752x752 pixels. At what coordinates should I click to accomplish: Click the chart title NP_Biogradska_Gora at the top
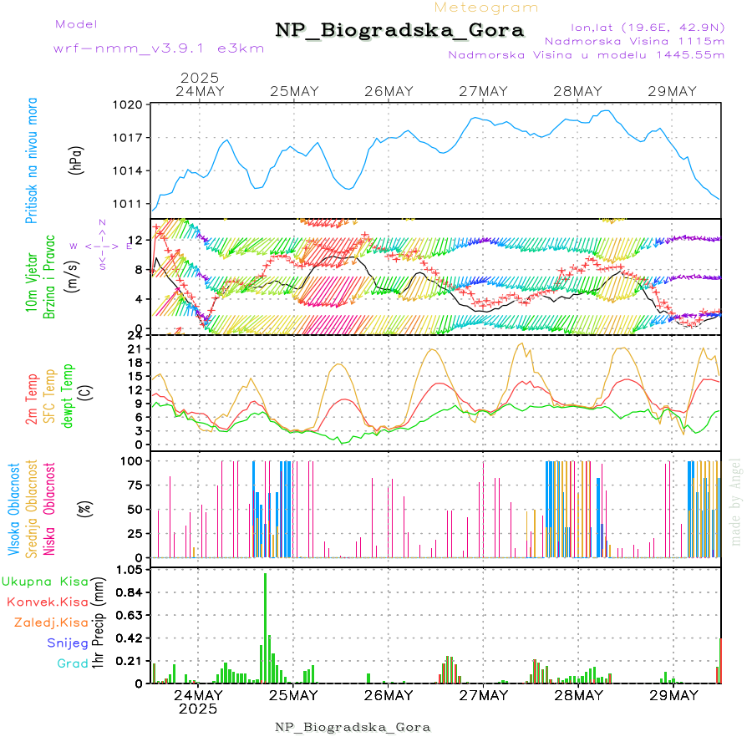pyautogui.click(x=399, y=31)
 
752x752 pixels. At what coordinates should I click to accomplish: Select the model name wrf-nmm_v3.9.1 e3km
pyautogui.click(x=159, y=48)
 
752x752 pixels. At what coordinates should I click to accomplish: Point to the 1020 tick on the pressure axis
pyautogui.click(x=130, y=105)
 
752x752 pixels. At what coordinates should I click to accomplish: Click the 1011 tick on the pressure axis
pyautogui.click(x=130, y=203)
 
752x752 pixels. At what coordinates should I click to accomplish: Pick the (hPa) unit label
pyautogui.click(x=77, y=159)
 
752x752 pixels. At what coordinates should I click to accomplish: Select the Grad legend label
pyautogui.click(x=73, y=663)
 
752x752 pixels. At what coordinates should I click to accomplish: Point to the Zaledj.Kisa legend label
pyautogui.click(x=51, y=622)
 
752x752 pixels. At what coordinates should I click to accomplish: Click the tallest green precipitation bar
pyautogui.click(x=266, y=627)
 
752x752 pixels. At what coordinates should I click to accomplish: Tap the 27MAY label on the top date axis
pyautogui.click(x=484, y=91)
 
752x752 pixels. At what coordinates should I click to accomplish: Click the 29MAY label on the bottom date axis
pyautogui.click(x=673, y=695)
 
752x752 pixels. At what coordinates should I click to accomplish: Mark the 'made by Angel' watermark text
pyautogui.click(x=736, y=501)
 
